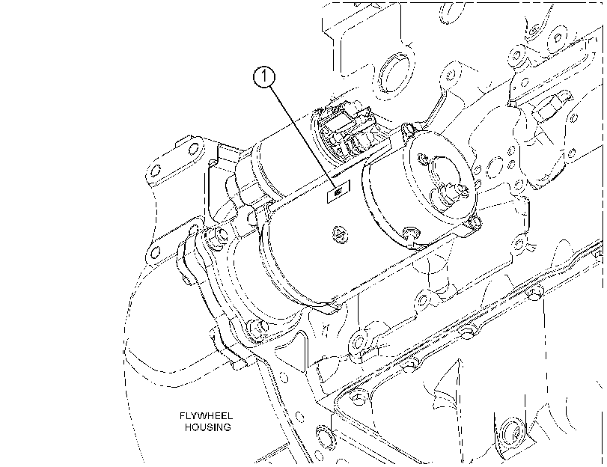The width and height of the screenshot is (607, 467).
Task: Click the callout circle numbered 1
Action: pyautogui.click(x=264, y=77)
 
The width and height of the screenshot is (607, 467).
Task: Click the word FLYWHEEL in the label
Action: pyautogui.click(x=206, y=416)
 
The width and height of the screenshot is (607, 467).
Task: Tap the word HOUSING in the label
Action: pyautogui.click(x=207, y=427)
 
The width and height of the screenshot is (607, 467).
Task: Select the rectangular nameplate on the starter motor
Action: pyautogui.click(x=338, y=192)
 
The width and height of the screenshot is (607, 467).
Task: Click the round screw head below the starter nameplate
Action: pyautogui.click(x=340, y=235)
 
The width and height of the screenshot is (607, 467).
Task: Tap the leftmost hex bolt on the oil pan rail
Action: pyautogui.click(x=357, y=400)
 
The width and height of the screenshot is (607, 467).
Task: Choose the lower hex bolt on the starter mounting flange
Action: pyautogui.click(x=257, y=328)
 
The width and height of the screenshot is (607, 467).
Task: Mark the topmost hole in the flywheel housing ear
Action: pyautogui.click(x=194, y=147)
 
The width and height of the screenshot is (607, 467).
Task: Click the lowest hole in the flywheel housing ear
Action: pyautogui.click(x=155, y=253)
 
